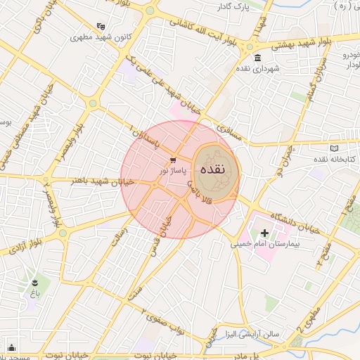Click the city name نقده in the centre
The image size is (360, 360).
tap(212, 169)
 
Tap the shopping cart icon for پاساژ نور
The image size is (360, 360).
tap(173, 159)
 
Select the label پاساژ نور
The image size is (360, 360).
tap(173, 170)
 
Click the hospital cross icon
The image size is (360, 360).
tap(264, 233)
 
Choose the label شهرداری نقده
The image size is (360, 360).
tap(259, 68)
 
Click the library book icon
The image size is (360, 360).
tap(333, 148)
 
